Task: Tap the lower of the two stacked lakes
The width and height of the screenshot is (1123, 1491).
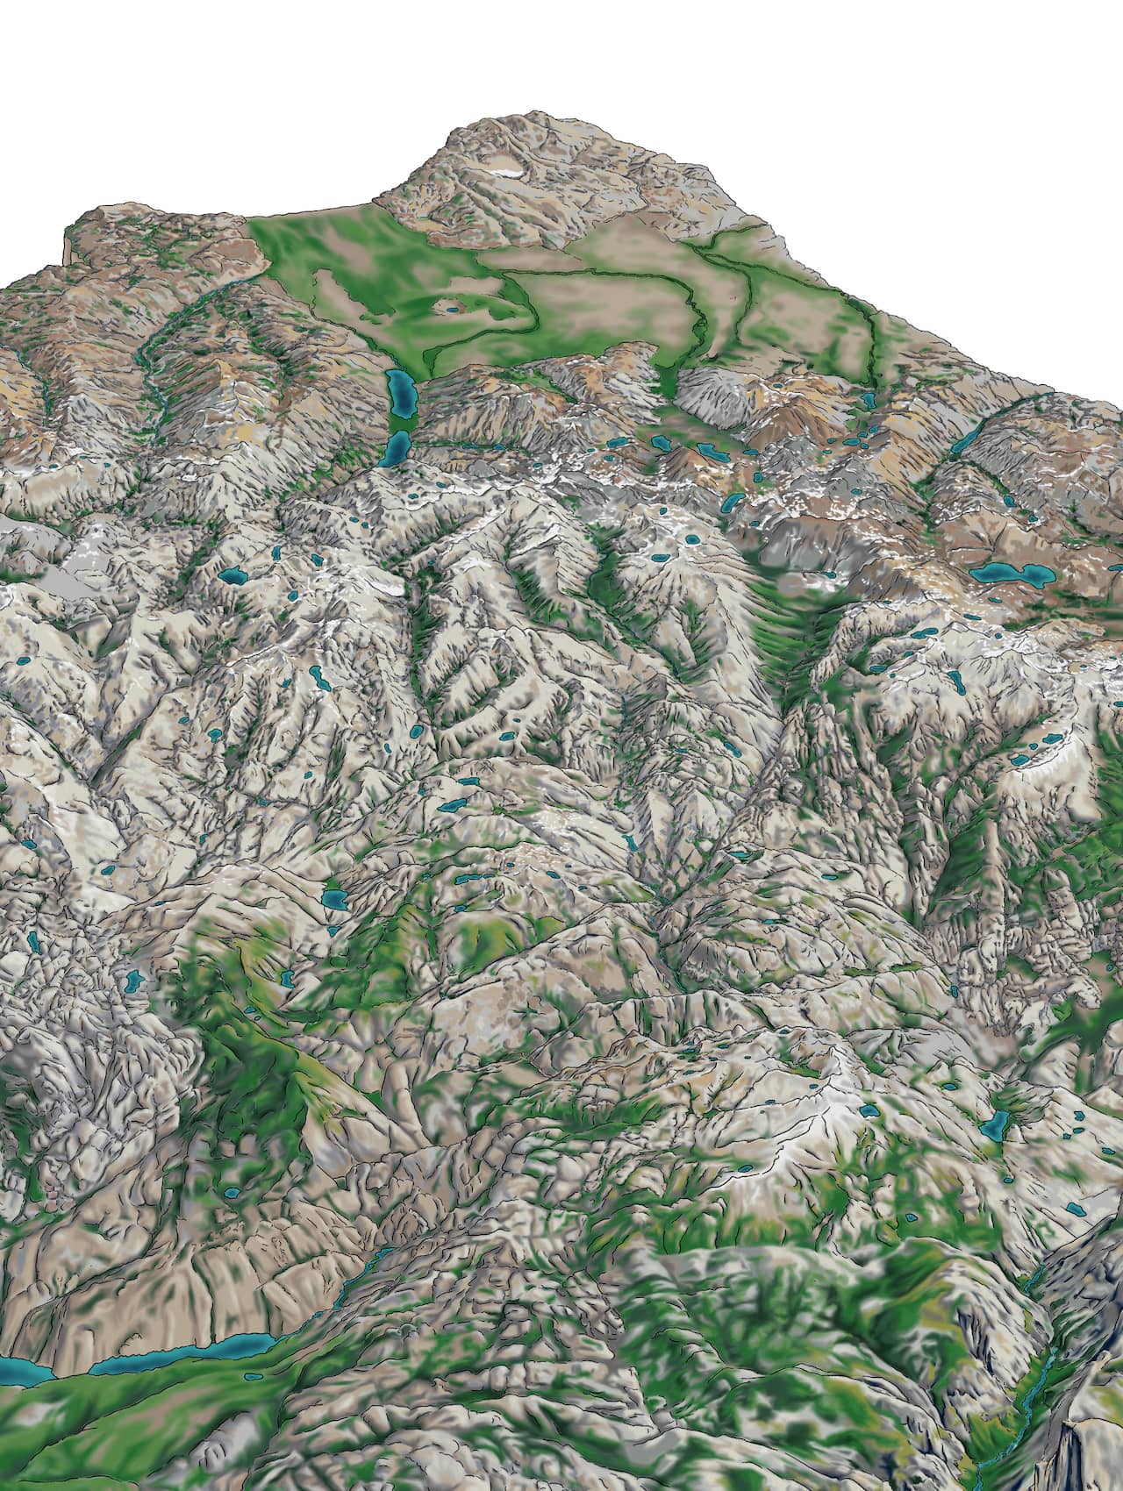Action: tap(397, 448)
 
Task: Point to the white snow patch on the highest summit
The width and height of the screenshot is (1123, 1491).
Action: tap(507, 173)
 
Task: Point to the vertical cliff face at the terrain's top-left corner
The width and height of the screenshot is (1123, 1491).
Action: tap(66, 245)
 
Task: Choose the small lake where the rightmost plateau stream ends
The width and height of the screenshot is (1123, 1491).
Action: tap(868, 399)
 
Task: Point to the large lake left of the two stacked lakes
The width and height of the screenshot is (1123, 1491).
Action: tap(232, 576)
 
